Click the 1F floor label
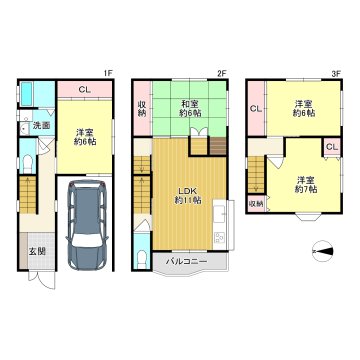[108, 74]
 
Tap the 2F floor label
[222, 74]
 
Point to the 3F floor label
[336, 74]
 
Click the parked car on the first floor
[87, 225]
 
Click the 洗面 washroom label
[41, 126]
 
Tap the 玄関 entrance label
[36, 252]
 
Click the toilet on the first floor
[27, 164]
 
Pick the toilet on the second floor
[142, 260]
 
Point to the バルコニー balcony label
[187, 262]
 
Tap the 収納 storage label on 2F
[142, 109]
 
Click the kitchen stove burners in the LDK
[219, 238]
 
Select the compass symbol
[323, 251]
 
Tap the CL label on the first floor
[84, 89]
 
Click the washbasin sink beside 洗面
[24, 129]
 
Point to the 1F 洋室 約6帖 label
[85, 137]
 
